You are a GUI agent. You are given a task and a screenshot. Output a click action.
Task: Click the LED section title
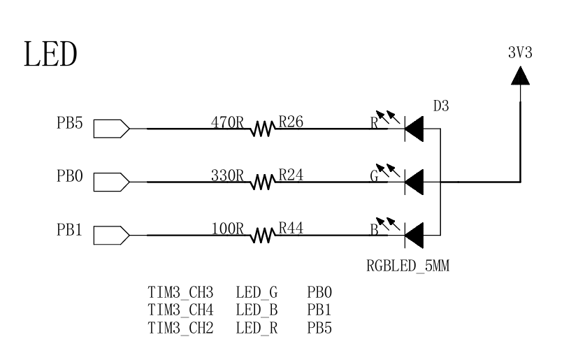click(50, 55)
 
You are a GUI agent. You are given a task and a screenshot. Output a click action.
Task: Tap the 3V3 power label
click(519, 53)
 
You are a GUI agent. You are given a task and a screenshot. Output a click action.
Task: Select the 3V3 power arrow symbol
click(519, 74)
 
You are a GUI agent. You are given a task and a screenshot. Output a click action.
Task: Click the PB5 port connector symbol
click(110, 129)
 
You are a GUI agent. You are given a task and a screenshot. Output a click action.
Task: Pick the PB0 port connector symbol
click(110, 182)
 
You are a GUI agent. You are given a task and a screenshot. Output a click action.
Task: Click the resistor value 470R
click(226, 121)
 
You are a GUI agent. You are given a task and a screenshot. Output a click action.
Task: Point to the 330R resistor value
click(226, 174)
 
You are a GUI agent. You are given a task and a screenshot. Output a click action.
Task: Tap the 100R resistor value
click(226, 227)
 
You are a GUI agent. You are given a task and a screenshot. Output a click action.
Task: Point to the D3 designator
click(441, 107)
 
